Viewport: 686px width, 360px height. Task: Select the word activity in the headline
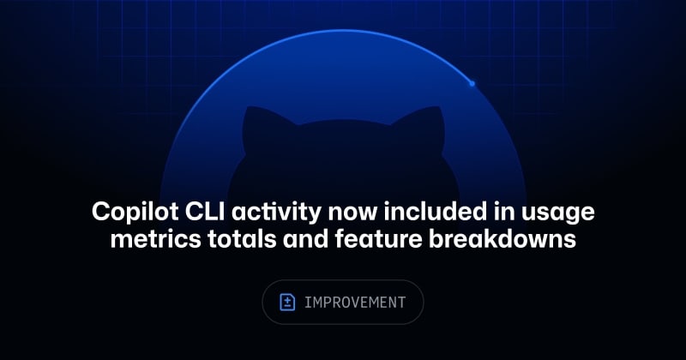(x=276, y=213)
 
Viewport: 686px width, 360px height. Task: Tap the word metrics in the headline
(x=156, y=239)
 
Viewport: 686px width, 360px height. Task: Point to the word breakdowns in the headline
(x=502, y=239)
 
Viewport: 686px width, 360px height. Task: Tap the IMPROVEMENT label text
(x=355, y=303)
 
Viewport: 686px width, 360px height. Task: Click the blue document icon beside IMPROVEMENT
(x=287, y=303)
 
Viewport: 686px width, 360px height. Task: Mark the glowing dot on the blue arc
(x=472, y=83)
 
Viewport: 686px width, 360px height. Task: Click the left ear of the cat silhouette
(x=262, y=124)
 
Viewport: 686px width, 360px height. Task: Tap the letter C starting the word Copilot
(x=100, y=211)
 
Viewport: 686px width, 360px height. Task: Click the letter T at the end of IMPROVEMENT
(x=401, y=303)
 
